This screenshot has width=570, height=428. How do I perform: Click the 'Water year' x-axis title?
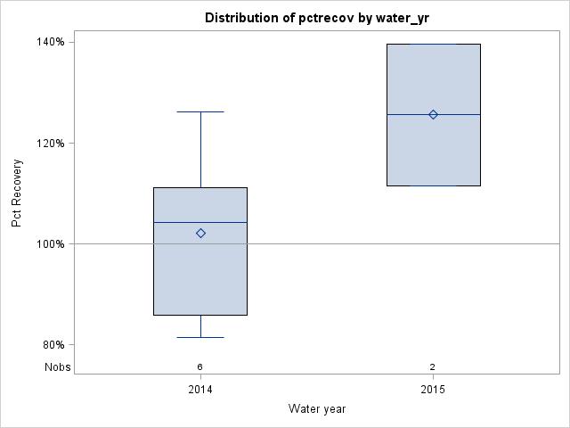coord(317,408)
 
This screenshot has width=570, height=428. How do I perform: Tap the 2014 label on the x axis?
coord(200,390)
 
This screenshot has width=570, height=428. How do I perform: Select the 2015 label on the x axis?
coord(433,390)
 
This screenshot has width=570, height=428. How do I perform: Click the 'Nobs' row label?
coord(58,366)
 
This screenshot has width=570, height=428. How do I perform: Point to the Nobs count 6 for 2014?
coord(200,366)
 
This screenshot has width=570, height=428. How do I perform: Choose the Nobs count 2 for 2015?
coord(433,366)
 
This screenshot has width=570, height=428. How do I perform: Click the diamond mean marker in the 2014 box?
coord(200,233)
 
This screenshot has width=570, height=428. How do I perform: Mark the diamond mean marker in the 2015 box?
coord(433,114)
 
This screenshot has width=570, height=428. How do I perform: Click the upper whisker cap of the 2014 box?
coord(200,112)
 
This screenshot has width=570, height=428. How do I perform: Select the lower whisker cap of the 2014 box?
coord(200,338)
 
